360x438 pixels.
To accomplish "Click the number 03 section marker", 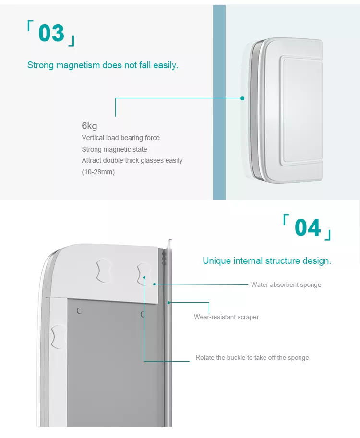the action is [51, 33].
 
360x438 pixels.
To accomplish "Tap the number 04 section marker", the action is [308, 227].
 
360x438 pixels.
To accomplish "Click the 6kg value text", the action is [89, 126].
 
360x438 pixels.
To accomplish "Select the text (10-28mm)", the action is [98, 172].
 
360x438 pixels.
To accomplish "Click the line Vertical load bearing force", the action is [121, 138].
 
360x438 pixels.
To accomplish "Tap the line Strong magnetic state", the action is [114, 149].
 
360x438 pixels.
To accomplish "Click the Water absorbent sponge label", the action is [286, 284].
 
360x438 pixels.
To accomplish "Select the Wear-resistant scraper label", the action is [227, 317].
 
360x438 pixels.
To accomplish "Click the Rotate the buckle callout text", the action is [252, 357].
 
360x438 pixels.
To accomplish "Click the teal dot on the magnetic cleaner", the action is [242, 98].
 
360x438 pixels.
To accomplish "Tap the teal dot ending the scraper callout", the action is [168, 303].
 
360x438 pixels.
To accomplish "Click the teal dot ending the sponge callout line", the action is [154, 284].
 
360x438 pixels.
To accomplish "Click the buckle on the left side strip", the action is [59, 337].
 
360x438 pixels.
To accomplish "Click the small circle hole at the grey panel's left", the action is [79, 310].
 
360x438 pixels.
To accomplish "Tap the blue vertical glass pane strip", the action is [219, 102].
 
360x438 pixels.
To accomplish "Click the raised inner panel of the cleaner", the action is [301, 111].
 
